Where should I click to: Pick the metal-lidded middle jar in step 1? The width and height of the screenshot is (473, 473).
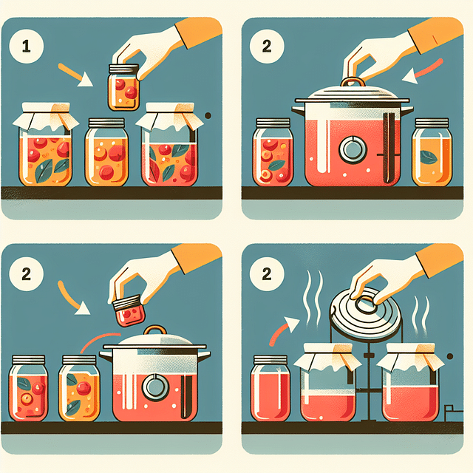107,152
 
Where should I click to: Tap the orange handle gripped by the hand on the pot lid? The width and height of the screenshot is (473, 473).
353,83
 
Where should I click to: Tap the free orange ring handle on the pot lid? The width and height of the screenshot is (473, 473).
157,333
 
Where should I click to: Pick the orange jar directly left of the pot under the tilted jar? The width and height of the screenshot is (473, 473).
79,388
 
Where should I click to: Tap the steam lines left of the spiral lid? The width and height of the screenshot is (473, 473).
314,296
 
